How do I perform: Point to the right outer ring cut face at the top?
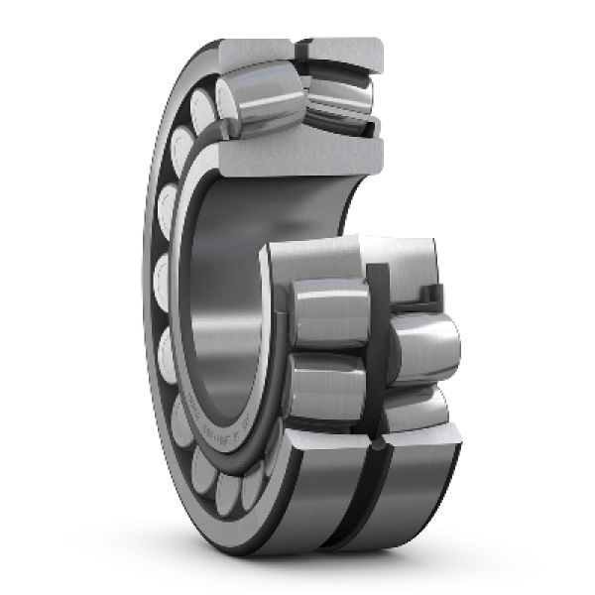(x=343, y=50)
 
